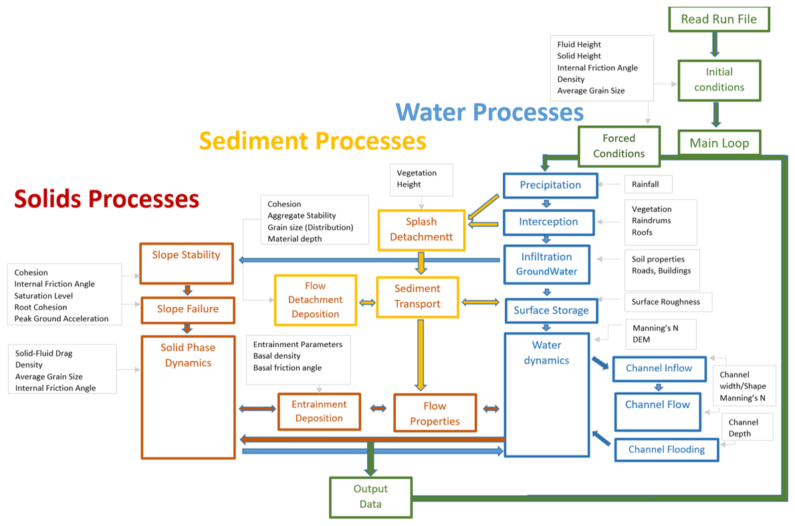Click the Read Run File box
click(719, 19)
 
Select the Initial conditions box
click(719, 80)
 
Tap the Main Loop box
click(719, 143)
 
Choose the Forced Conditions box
click(618, 146)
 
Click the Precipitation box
click(550, 185)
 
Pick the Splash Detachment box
click(421, 230)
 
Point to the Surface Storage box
click(550, 311)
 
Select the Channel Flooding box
click(666, 450)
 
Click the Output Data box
click(370, 497)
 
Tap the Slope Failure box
click(187, 309)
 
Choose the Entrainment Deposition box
click(319, 412)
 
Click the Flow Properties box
click(435, 414)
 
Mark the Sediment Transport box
click(417, 296)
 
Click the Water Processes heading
click(489, 112)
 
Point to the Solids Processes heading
click(107, 199)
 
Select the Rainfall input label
click(645, 184)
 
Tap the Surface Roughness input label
click(665, 302)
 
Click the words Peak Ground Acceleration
click(62, 319)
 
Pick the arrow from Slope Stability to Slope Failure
click(187, 290)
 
